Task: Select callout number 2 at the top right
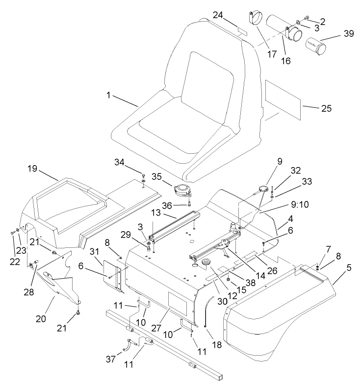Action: pyautogui.click(x=323, y=21)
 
